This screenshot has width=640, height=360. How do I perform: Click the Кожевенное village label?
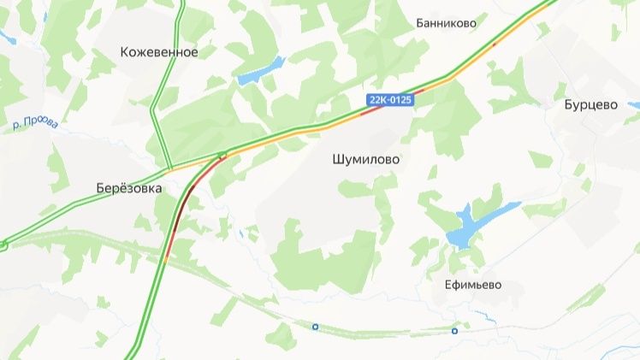[159, 52]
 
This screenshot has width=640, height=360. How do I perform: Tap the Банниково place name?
[446, 23]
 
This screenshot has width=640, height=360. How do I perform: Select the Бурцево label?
[590, 105]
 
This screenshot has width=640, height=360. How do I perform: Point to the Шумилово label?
[365, 159]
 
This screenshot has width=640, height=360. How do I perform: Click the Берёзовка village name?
[129, 189]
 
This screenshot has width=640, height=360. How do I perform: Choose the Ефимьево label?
[473, 285]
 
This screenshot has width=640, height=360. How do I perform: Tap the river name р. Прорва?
[37, 124]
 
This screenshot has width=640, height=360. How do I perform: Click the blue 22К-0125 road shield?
[389, 100]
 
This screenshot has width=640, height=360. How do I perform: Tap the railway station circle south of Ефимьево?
[454, 331]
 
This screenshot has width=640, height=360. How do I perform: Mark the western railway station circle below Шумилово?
[315, 326]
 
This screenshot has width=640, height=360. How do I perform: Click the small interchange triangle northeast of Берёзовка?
[222, 156]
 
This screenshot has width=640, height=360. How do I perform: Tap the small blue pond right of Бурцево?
[634, 106]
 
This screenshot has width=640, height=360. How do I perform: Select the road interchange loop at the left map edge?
[3, 245]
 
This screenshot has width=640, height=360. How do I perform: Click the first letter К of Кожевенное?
[125, 52]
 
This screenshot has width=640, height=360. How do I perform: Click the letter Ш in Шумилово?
[336, 159]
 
